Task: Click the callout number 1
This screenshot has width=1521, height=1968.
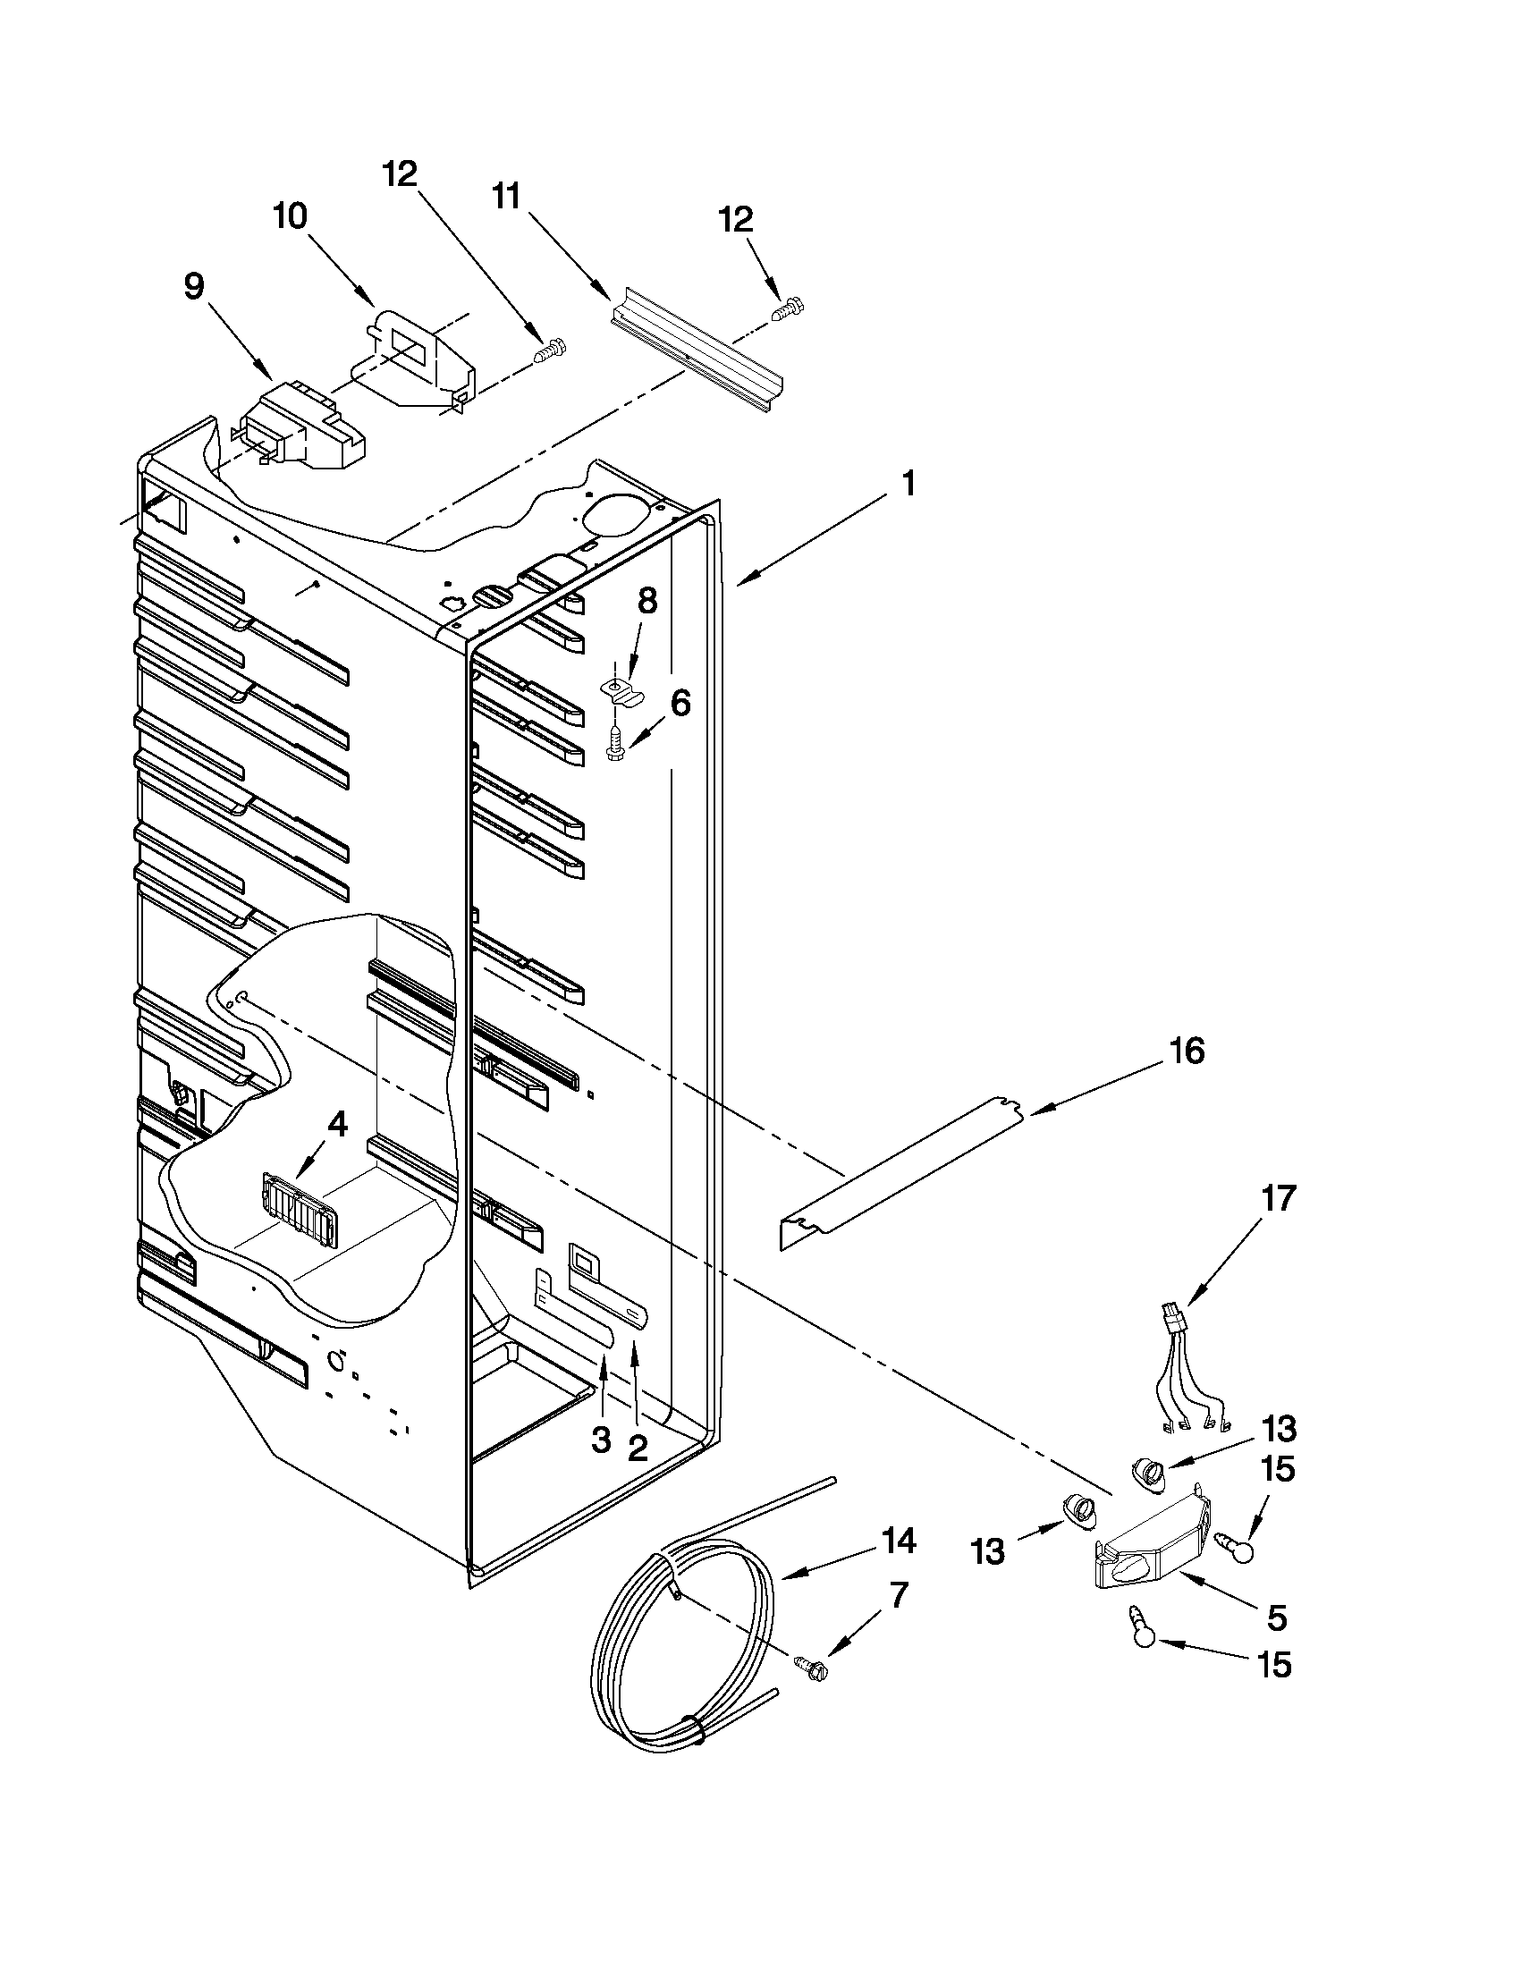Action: (x=908, y=484)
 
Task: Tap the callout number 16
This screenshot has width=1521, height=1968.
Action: (x=1187, y=1051)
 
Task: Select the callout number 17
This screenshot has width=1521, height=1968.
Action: (x=1279, y=1198)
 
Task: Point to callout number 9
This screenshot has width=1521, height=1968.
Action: (x=194, y=286)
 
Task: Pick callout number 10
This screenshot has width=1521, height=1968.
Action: (x=290, y=216)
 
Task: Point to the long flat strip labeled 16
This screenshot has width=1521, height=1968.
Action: (x=901, y=1171)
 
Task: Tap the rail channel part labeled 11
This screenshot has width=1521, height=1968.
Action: (x=698, y=351)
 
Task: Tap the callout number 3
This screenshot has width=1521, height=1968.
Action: (x=601, y=1440)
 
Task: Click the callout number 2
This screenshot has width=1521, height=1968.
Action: (x=636, y=1448)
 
